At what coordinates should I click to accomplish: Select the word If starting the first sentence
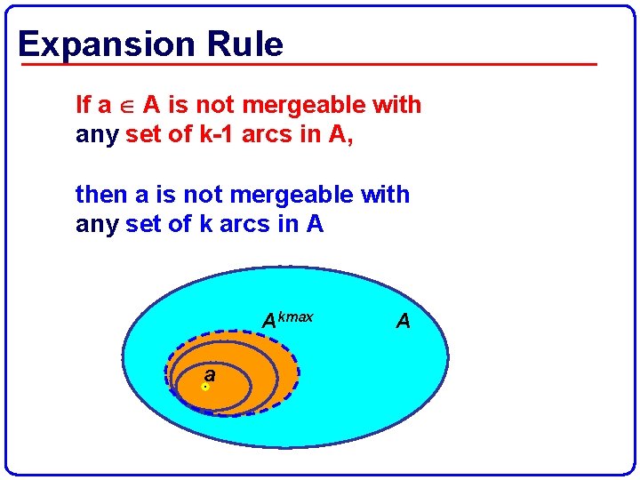click(x=84, y=105)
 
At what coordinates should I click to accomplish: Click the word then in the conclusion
click(x=100, y=194)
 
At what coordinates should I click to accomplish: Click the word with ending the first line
click(x=396, y=105)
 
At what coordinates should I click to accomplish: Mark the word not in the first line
click(x=214, y=105)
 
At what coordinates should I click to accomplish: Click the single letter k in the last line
click(x=206, y=225)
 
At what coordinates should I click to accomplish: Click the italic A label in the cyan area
click(x=404, y=321)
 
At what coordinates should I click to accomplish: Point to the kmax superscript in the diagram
click(x=295, y=316)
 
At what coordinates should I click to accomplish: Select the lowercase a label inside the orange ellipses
click(x=209, y=374)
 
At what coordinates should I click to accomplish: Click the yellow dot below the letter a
click(x=205, y=388)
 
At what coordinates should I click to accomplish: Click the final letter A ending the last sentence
click(x=315, y=225)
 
